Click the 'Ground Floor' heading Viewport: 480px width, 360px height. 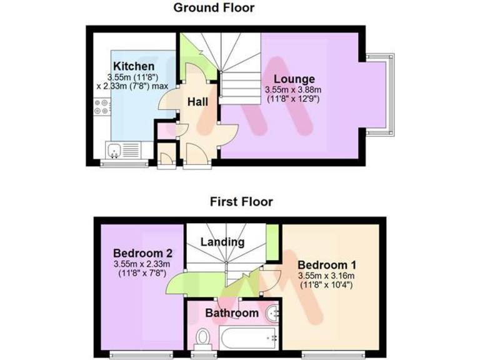click(x=214, y=8)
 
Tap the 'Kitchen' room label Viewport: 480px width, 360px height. click(x=133, y=66)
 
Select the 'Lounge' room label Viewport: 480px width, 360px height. click(x=294, y=79)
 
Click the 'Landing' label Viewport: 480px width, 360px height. click(x=222, y=242)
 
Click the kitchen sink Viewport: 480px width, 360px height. click(x=115, y=149)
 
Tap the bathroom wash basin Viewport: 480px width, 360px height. click(x=273, y=313)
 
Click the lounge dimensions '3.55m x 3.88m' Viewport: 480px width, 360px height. click(x=294, y=89)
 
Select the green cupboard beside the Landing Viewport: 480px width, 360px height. click(x=272, y=242)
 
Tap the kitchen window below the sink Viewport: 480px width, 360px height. click(x=125, y=164)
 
